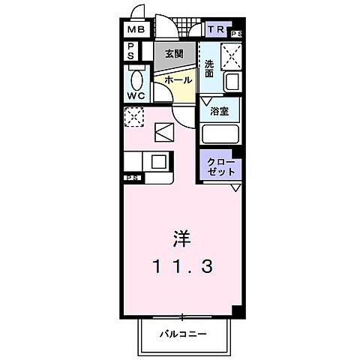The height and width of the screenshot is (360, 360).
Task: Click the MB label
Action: tap(135, 31)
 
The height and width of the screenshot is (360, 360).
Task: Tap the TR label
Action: tap(215, 31)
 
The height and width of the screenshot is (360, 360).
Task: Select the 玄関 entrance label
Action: tap(175, 55)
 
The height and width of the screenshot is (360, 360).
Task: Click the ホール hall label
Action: tap(178, 79)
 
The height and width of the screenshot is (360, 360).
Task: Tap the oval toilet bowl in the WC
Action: tap(136, 79)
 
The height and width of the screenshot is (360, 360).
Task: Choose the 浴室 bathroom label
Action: tap(219, 112)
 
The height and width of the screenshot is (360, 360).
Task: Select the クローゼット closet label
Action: tap(220, 166)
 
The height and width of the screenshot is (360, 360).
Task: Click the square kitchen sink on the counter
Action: tap(159, 160)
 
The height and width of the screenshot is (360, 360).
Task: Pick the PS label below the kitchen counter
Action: tap(133, 178)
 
